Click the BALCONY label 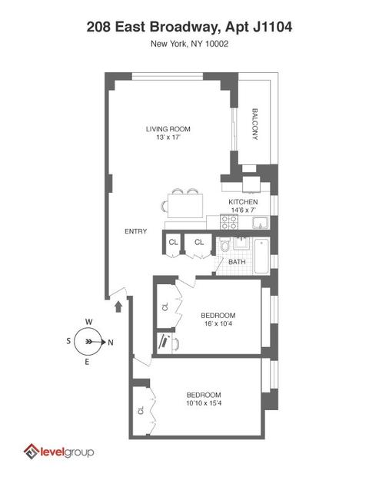255,124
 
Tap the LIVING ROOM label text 168,129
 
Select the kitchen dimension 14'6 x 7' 243,210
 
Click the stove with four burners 229,222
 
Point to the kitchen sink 261,223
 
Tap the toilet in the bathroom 224,245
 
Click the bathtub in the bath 261,256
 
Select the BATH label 237,262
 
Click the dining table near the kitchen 185,206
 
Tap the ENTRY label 136,231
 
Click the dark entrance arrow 118,306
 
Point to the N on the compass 111,343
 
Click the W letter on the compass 89,322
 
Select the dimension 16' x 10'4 218,323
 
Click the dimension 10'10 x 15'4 204,403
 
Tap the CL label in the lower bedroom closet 141,410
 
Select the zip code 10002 217,44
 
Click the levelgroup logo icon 32,452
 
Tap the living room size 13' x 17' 168,137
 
